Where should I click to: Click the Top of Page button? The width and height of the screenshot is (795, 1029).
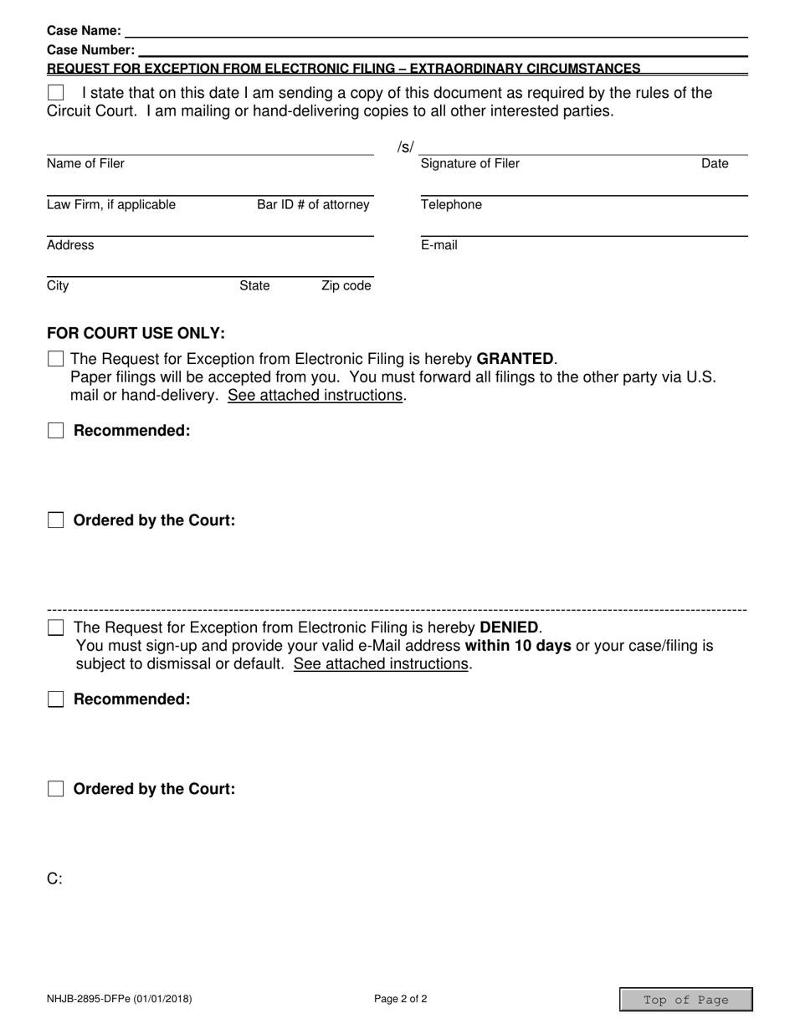click(685, 1000)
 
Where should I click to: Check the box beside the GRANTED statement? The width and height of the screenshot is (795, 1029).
click(55, 359)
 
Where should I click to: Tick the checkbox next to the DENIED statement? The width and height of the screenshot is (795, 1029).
click(55, 627)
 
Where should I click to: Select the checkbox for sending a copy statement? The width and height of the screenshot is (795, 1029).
click(55, 93)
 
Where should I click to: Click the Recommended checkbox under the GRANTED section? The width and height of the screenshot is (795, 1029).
click(55, 431)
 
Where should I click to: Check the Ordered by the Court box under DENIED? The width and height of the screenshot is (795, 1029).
click(55, 789)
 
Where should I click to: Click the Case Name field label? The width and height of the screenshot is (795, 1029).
click(84, 31)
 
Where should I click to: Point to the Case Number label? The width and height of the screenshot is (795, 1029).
click(90, 50)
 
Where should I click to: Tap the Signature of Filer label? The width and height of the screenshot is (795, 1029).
click(469, 164)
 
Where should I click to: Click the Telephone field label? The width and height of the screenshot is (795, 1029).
click(451, 205)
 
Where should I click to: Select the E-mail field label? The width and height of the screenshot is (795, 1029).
click(439, 245)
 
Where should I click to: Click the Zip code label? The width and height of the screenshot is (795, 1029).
click(346, 286)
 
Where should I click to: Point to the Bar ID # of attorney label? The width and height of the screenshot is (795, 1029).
click(313, 205)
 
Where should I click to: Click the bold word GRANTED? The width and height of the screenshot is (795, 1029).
click(515, 359)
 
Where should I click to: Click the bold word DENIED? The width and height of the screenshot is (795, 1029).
click(509, 627)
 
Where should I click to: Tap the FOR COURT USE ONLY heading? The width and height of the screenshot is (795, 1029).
click(136, 333)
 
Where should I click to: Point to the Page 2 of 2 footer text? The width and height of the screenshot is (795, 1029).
click(401, 998)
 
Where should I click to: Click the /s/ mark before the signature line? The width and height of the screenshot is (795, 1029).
click(405, 148)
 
